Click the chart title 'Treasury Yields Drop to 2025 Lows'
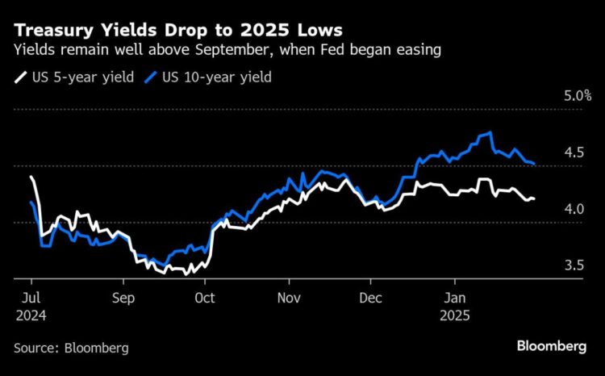coord(177,30)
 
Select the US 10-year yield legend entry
coord(210,78)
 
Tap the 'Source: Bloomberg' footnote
coord(71,348)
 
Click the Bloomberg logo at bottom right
coord(551,346)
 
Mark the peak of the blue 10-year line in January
coord(490,133)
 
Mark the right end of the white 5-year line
coord(534,198)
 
